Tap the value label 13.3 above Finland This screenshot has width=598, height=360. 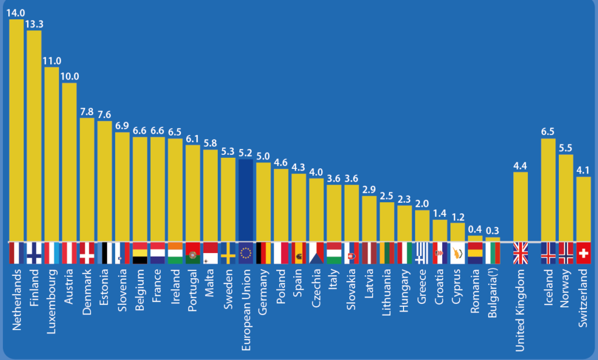pos(34,23)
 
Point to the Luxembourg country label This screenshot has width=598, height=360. pos(51,298)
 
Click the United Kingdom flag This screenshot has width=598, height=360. pos(520,253)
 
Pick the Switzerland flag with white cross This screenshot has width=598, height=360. pos(583,253)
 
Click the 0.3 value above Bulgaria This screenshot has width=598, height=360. pos(493,230)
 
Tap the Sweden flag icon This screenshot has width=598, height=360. pos(228,253)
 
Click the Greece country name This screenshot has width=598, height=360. pos(422,287)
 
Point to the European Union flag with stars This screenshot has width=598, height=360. pos(246,253)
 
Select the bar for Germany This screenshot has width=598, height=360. pos(263,202)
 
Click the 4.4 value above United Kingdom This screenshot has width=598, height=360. pos(520,165)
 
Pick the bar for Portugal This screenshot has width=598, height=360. pos(193,193)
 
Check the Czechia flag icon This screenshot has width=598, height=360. pos(317,253)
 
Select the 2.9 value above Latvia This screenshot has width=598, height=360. pos(369,189)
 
